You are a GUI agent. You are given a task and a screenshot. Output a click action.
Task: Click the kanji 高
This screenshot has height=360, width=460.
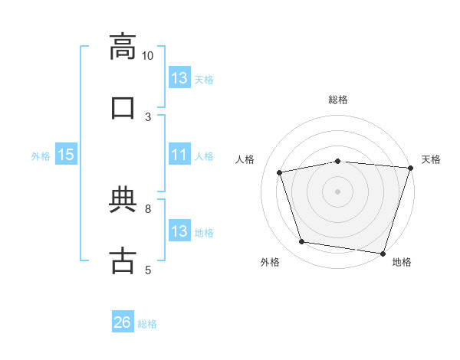(123, 47)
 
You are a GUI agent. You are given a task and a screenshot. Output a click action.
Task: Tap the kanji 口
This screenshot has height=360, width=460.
(123, 108)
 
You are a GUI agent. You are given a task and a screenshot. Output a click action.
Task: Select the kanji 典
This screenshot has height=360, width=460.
(123, 199)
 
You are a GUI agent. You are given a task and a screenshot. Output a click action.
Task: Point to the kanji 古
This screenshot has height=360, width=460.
(123, 260)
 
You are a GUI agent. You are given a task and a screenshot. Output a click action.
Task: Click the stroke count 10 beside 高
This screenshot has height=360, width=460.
(147, 56)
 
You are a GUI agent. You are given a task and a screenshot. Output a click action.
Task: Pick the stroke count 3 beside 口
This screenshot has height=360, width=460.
(148, 117)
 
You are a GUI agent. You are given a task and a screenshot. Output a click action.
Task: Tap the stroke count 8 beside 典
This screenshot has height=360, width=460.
(148, 209)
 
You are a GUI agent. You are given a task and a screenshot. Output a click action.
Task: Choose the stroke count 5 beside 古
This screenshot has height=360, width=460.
(148, 270)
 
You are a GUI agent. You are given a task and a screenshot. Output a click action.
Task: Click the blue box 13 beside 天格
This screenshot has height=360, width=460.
(179, 77)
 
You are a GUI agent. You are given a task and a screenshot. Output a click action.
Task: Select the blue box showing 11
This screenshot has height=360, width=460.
(179, 154)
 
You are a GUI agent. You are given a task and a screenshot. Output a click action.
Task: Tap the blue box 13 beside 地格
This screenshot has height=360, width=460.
(179, 230)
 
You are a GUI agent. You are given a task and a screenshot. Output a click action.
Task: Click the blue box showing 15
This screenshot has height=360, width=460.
(66, 154)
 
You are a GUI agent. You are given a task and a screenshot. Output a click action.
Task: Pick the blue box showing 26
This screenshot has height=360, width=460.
(123, 321)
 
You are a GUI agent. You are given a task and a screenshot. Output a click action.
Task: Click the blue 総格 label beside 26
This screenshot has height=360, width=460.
(147, 324)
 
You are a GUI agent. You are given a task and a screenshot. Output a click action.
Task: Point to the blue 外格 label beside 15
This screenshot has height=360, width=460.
(41, 156)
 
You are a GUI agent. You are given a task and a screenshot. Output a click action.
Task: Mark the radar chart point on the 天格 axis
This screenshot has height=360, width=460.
(411, 168)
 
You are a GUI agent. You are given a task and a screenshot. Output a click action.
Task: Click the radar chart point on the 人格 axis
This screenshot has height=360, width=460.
(279, 172)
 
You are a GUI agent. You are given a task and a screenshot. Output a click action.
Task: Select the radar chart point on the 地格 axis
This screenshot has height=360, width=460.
(383, 254)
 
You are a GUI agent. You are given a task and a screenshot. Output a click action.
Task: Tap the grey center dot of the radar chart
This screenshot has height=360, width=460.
(337, 191)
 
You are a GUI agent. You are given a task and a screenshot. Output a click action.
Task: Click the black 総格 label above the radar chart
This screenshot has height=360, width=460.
(338, 100)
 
